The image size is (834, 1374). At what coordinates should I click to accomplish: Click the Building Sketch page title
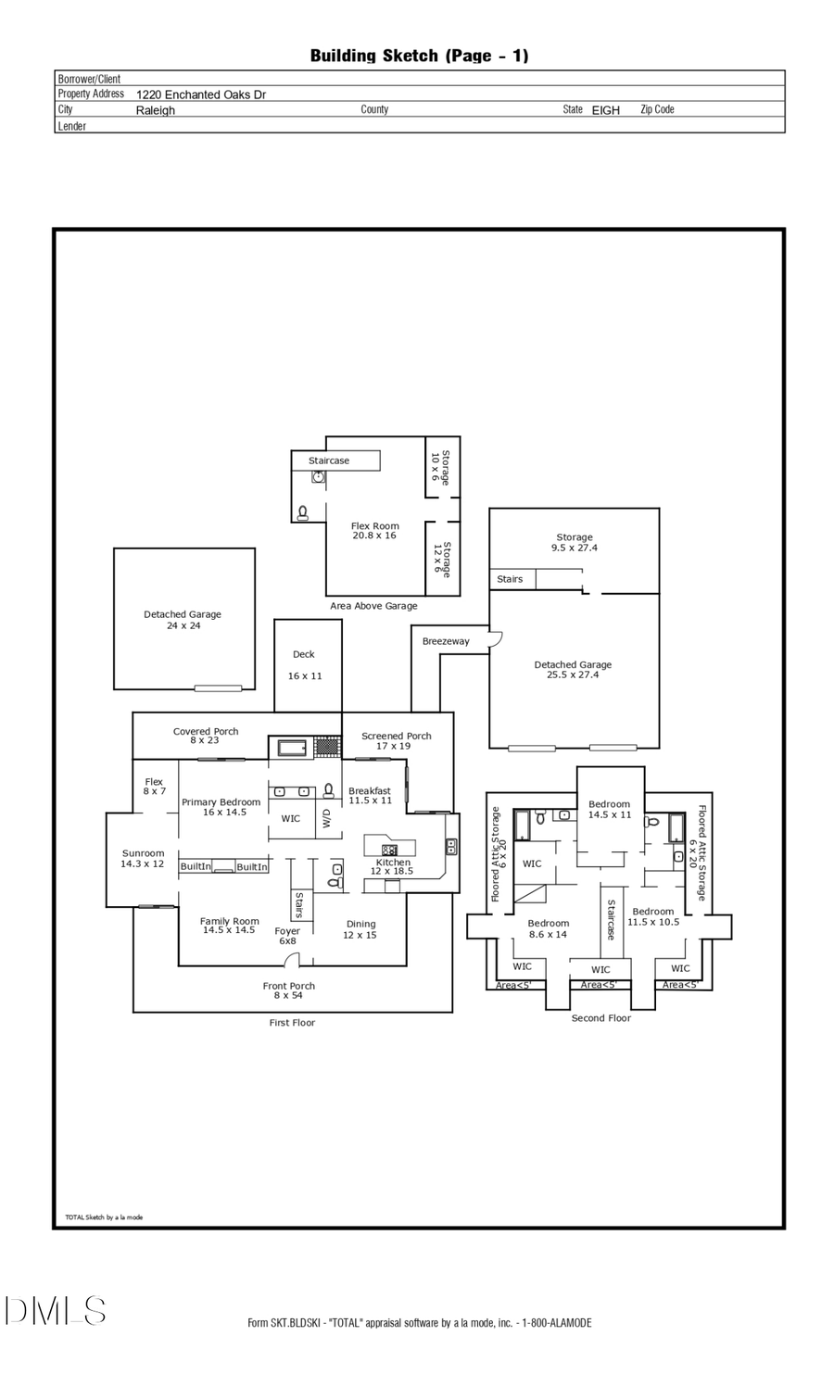419,56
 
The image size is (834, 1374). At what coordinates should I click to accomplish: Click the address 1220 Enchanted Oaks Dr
201,95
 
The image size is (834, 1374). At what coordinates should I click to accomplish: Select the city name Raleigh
155,110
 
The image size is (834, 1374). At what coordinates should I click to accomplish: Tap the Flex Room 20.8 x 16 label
374,531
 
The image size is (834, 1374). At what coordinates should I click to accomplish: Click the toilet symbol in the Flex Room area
302,511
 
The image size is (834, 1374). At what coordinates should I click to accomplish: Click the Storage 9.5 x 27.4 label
575,543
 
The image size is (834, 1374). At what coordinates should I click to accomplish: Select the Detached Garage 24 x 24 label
183,620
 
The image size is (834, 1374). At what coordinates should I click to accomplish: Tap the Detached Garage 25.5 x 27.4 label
573,670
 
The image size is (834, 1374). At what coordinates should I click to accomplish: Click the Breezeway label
446,641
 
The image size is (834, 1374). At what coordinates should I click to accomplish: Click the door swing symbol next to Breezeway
495,637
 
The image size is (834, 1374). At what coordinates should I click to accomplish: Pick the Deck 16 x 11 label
305,665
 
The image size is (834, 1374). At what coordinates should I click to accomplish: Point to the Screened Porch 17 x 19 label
396,741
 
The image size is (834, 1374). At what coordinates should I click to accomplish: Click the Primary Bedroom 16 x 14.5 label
221,807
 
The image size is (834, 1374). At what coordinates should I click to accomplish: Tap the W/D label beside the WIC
326,818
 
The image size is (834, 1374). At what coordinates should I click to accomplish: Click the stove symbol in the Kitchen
389,850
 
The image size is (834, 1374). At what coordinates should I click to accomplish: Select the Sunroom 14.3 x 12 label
143,859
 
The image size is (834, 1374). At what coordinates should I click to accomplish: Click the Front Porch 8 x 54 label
288,990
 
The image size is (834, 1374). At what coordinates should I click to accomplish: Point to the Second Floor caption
600,1018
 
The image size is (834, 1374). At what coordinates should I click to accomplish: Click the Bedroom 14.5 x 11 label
609,810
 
